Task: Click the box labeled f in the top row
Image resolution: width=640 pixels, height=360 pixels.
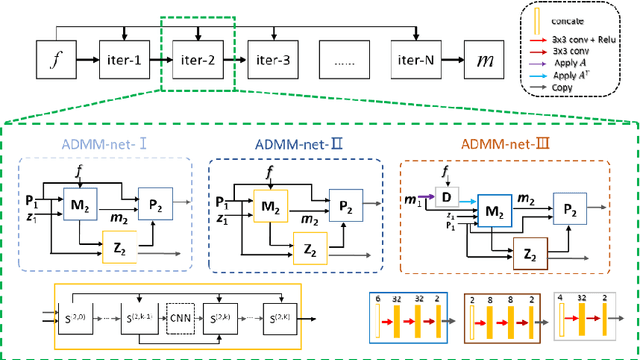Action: pos(57,60)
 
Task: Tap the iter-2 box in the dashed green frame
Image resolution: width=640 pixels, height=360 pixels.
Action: pos(197,60)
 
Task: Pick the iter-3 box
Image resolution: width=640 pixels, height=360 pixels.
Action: pos(272,60)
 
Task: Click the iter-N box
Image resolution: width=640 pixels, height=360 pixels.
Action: pos(418,60)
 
